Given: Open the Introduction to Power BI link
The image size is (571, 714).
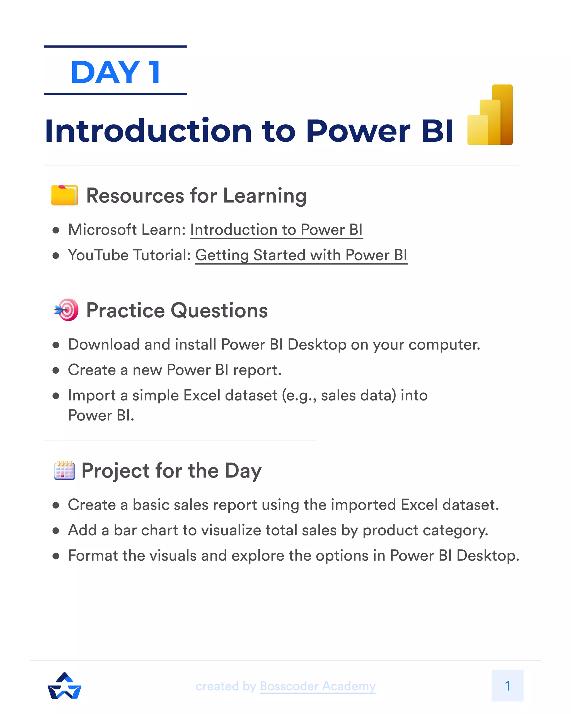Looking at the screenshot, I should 276,230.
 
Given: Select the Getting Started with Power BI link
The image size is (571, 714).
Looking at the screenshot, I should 301,255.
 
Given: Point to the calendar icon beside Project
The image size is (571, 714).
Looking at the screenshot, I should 64,470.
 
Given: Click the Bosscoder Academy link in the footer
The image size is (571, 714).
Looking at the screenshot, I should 318,686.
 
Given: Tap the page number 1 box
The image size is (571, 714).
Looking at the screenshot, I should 507,686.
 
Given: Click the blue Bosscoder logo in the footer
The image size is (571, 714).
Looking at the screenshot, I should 65,686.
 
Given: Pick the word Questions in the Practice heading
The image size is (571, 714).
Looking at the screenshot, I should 219,310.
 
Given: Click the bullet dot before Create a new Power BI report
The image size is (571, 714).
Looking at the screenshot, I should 56,370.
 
